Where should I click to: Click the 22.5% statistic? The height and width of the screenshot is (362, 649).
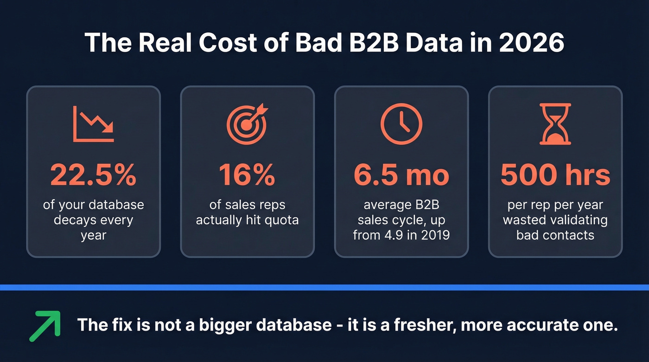coord(93,175)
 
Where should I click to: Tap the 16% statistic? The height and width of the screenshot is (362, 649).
coord(247,175)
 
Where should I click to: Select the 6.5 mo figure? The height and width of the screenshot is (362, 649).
coord(401,175)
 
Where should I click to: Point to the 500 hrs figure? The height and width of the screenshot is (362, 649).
coord(555,175)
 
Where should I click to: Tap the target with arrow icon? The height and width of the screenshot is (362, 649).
coord(247,123)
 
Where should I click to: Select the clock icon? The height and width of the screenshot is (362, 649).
coord(401,123)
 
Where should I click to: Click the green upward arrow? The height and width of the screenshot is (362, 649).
coord(45,326)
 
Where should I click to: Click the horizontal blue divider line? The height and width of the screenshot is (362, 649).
coord(324,287)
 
